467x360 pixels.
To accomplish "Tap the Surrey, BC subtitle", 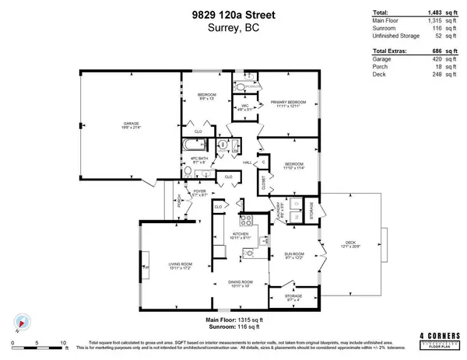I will (x=233, y=28).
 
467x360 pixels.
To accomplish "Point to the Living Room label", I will (x=180, y=267).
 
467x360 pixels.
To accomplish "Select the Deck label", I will (x=353, y=244).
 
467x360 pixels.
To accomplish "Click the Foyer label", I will (x=200, y=191).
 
